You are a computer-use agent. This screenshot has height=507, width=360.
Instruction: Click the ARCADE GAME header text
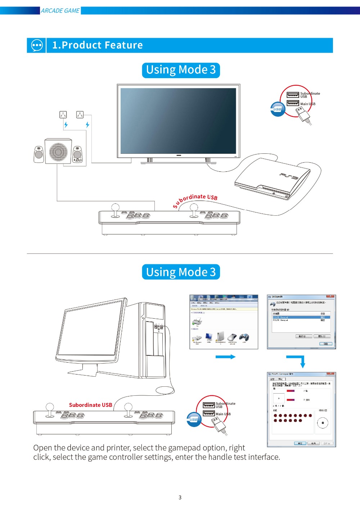tap(60, 11)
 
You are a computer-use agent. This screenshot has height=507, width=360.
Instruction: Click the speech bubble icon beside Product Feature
tap(37, 45)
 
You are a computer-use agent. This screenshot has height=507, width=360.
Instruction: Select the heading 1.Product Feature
tap(98, 45)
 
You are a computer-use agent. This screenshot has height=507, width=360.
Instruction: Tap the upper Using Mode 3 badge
tap(181, 70)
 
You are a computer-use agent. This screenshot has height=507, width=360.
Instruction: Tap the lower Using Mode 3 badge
tap(181, 272)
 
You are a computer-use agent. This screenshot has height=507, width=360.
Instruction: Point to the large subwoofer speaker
tap(58, 152)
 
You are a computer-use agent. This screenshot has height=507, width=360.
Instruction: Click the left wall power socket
tap(63, 115)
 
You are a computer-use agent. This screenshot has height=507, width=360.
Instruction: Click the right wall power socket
tap(80, 115)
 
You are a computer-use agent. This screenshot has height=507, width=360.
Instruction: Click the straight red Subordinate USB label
tap(90, 405)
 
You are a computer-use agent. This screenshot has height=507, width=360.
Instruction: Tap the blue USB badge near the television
tap(277, 109)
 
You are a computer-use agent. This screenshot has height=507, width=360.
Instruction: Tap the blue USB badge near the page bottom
tap(194, 419)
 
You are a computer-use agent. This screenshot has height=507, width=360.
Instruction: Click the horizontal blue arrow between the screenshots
tap(225, 357)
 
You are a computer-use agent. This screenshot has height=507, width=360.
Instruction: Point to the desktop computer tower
tap(153, 340)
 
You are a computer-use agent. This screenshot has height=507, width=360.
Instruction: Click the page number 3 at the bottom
tap(180, 498)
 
